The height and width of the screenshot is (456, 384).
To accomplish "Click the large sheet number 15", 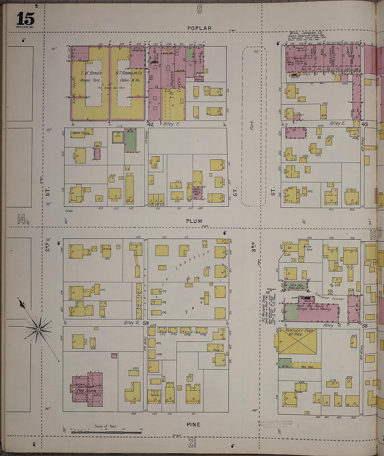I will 25,18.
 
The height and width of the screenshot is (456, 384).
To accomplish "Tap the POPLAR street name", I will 199,28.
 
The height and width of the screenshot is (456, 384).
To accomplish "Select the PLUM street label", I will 194,221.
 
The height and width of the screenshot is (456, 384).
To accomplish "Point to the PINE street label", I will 193,424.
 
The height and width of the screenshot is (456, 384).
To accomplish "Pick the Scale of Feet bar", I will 106,432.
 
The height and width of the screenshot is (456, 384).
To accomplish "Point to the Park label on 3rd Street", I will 252,125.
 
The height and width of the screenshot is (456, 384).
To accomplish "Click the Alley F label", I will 171,124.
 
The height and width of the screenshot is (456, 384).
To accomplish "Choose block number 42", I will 150,124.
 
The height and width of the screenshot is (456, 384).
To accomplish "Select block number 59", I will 146,323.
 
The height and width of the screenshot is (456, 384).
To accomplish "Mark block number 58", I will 365,326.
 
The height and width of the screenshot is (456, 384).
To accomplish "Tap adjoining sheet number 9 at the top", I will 199,9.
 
